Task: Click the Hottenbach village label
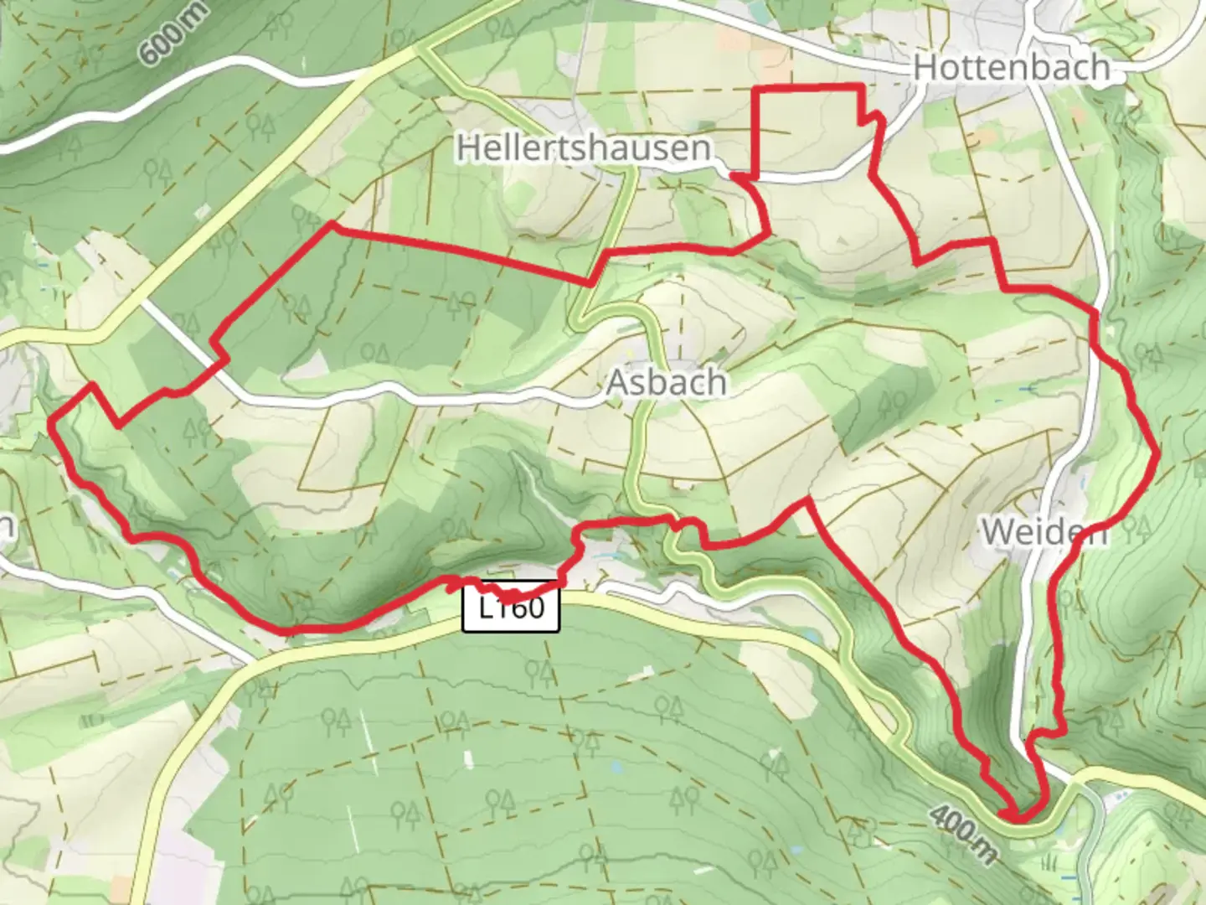1012,67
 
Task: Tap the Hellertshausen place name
584,148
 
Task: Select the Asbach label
666,383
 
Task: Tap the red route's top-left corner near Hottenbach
758,87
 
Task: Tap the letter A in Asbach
617,383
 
